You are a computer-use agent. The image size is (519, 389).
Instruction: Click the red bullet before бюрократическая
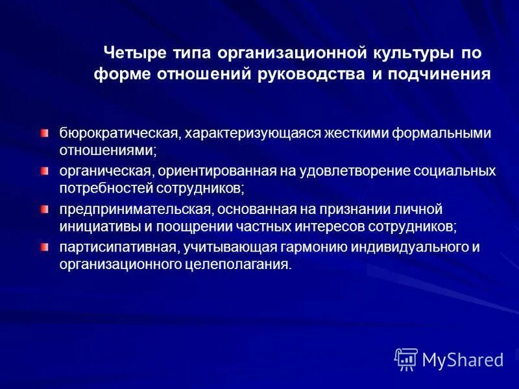[x=44, y=133]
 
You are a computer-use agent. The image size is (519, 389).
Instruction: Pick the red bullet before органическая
[x=44, y=171]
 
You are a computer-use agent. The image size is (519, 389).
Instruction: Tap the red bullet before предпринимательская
[x=44, y=209]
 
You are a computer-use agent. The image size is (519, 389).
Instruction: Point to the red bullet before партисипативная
[x=44, y=247]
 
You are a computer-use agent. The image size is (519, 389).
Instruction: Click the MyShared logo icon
[x=406, y=359]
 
